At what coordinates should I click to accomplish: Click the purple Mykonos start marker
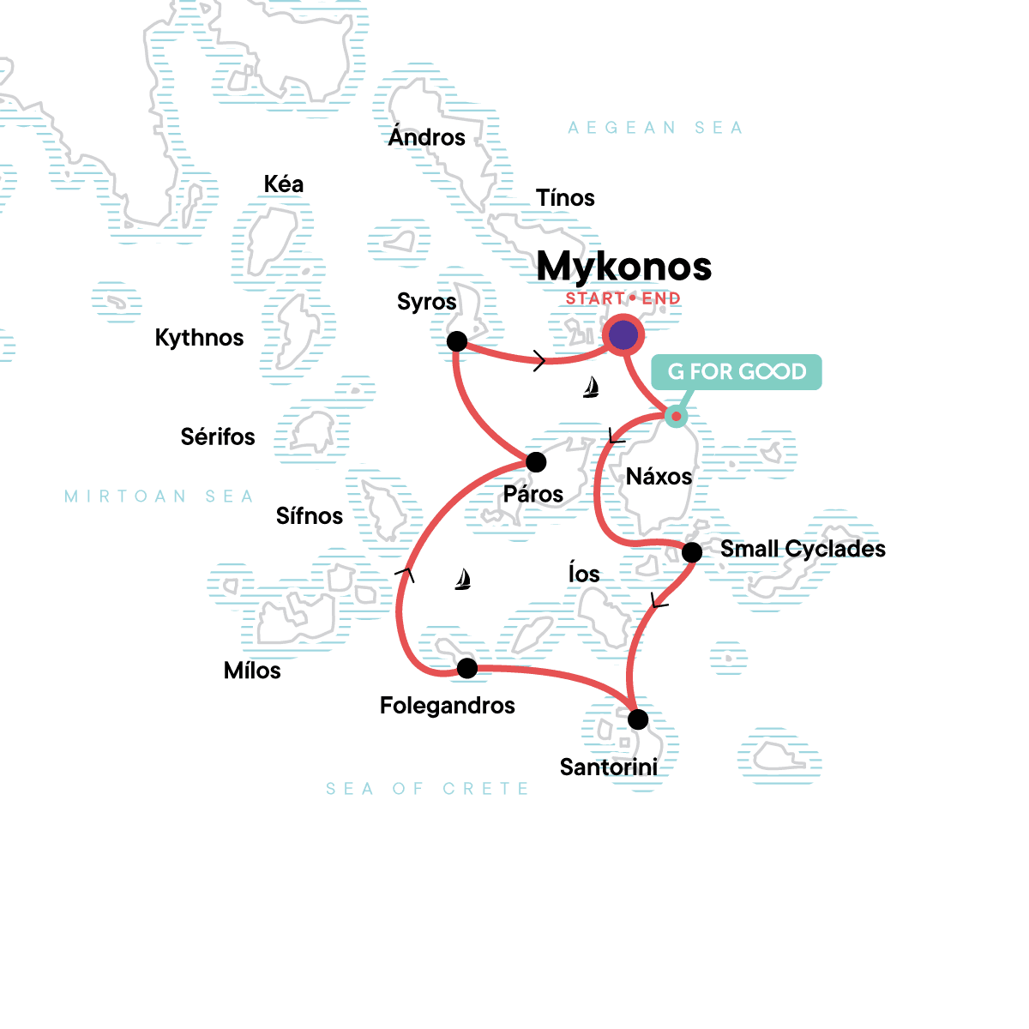[623, 335]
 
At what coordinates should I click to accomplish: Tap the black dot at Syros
[457, 341]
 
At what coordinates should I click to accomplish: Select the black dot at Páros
[536, 462]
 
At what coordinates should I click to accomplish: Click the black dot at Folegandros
[467, 668]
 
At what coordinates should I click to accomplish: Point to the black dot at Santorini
[638, 719]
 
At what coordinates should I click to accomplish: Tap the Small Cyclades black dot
[692, 552]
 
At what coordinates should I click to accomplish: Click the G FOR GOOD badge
[737, 372]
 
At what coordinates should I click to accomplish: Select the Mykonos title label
[624, 266]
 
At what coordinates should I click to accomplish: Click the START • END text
[623, 298]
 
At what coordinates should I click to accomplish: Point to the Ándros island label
[426, 137]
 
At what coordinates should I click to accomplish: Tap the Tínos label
[565, 198]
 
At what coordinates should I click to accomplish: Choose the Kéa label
[284, 184]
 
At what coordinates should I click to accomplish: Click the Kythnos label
[199, 338]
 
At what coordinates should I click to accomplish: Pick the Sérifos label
[218, 437]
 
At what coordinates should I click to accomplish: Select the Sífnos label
[309, 516]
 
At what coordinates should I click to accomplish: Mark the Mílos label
[252, 671]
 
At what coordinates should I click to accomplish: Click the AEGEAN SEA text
[655, 128]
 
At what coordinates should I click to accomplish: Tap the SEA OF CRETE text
[427, 789]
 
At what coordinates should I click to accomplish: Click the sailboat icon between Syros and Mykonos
[591, 388]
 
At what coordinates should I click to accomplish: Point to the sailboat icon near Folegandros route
[463, 580]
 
